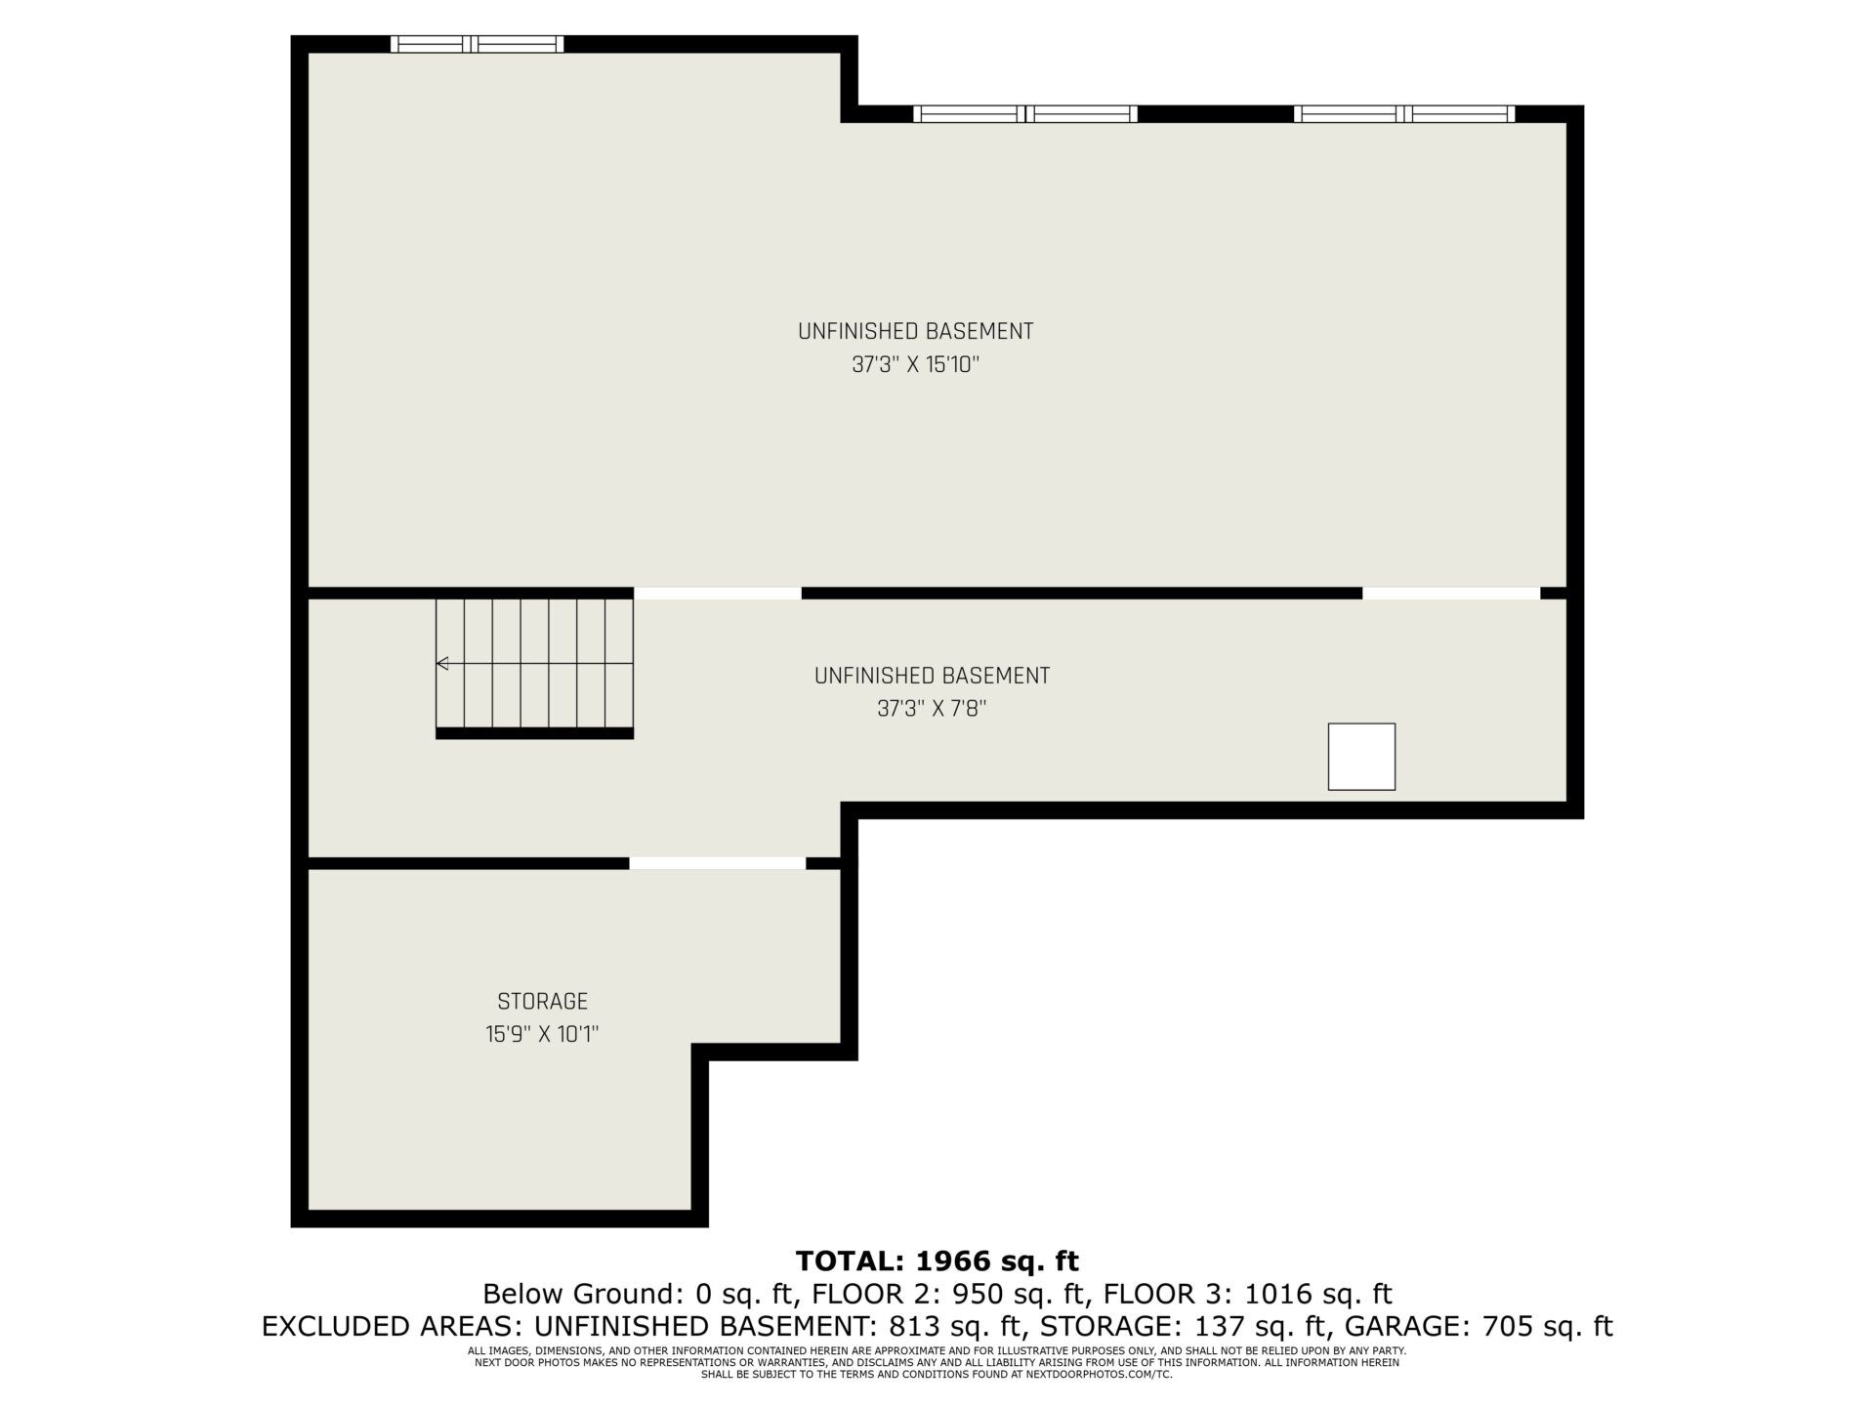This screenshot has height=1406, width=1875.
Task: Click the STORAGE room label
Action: click(x=542, y=1002)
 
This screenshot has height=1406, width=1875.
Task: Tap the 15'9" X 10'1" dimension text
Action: click(x=542, y=1035)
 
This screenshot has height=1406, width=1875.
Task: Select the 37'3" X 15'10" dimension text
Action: click(x=915, y=365)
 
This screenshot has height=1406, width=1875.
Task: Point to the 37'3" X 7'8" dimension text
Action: click(x=932, y=710)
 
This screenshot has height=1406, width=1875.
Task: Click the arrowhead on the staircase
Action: click(x=442, y=664)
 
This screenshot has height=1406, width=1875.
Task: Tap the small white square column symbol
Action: click(x=1361, y=757)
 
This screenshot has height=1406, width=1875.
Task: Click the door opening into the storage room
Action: click(x=718, y=863)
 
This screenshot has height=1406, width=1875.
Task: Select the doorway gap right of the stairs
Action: click(x=718, y=594)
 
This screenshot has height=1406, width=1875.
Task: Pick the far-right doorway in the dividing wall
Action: click(x=1451, y=594)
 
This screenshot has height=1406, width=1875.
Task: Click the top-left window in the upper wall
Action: click(x=477, y=44)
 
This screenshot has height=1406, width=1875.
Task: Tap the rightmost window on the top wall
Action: click(x=1404, y=114)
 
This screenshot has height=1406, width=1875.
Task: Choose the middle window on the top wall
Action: click(x=1025, y=114)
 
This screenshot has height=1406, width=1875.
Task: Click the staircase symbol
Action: click(x=534, y=668)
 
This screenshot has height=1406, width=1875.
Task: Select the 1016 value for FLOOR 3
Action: click(x=1275, y=1295)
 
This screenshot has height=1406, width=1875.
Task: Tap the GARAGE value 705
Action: click(x=1508, y=1327)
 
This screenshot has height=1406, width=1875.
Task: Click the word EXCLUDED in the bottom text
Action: click(x=323, y=1327)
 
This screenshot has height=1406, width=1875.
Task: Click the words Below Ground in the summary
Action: click(x=581, y=1295)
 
